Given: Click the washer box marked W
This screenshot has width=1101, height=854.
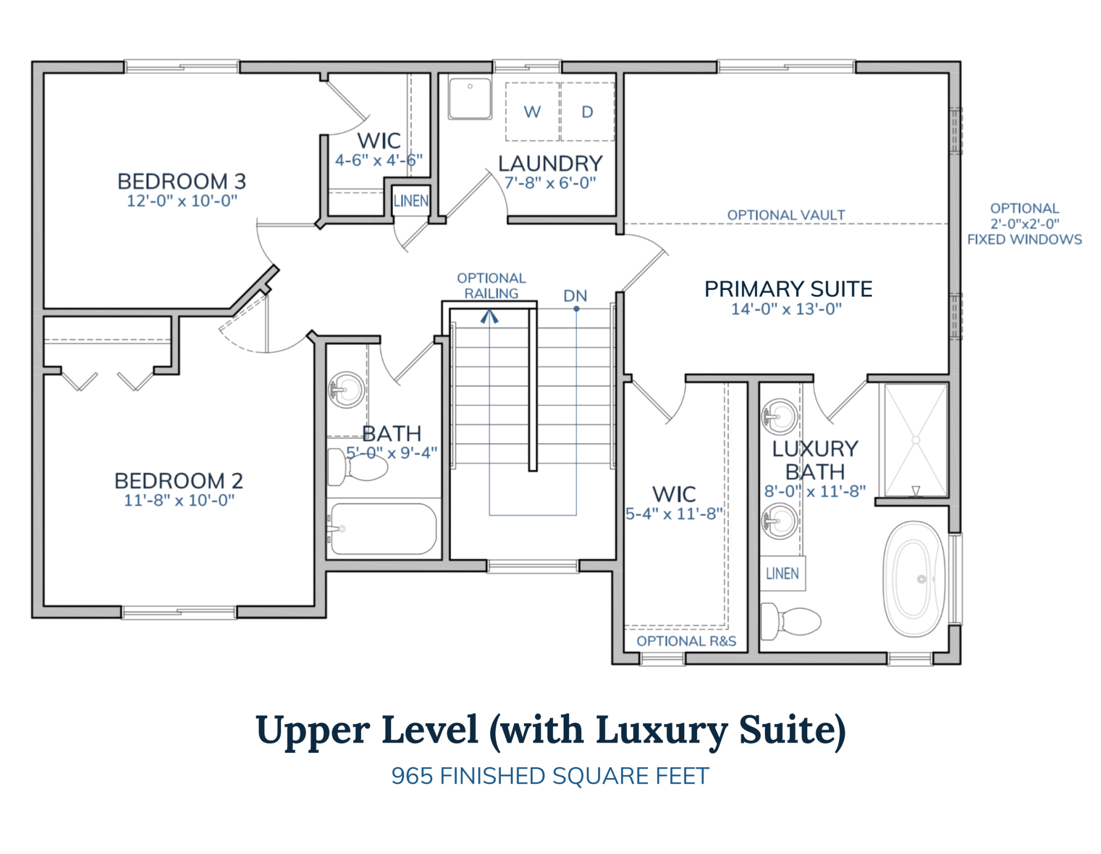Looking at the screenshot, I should coord(532,112).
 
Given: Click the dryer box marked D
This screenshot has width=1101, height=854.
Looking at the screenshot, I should coord(587,112).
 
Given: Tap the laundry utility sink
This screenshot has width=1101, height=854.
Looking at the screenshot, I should coord(470,98).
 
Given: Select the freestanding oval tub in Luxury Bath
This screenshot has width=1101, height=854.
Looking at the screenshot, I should coord(914,579).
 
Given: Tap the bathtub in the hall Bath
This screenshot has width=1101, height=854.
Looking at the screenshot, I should coord(383,529).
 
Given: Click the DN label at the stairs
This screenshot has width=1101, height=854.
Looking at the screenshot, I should coord(575,296).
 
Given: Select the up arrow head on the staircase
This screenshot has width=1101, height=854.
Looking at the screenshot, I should coord(489,317).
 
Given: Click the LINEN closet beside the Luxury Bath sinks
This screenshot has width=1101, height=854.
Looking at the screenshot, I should coord(782,574).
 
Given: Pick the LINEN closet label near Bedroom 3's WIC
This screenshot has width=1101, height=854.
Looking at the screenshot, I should coord(411,201).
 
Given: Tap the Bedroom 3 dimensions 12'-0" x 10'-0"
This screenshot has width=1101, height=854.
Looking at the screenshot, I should coord(182,201).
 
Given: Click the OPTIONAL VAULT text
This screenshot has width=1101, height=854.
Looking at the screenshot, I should coord(786,215).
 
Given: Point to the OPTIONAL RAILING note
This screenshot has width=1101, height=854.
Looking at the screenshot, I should coord(491,286).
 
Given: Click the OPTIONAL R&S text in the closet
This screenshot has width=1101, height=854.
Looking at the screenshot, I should coord(686,641).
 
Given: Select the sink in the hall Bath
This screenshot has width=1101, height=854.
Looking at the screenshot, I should coord(347,390).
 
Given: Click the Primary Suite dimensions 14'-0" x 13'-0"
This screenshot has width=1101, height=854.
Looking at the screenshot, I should coord(786,309).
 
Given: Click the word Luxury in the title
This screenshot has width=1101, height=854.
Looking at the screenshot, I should coord(662,731).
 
